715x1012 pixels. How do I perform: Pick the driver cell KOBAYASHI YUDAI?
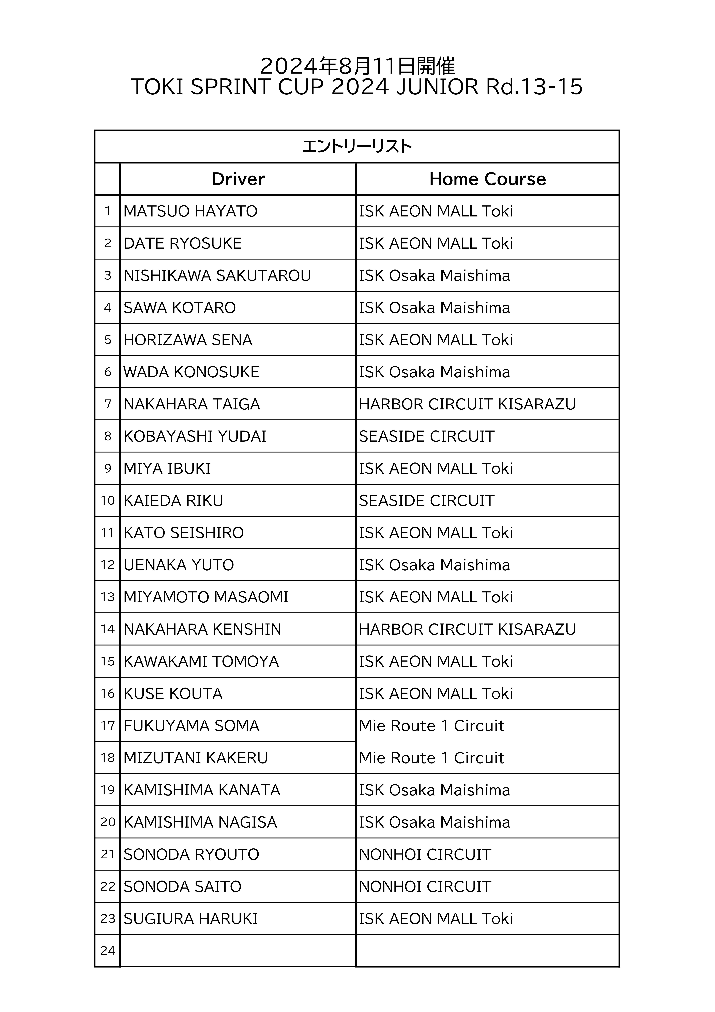tap(195, 436)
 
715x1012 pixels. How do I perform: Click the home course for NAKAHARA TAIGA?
tap(467, 404)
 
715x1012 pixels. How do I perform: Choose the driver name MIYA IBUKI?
tap(167, 469)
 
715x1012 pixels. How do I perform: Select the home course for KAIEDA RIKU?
tap(426, 501)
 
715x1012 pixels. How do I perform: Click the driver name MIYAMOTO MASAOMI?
tap(206, 597)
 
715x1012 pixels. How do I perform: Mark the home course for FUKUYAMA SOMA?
tap(431, 726)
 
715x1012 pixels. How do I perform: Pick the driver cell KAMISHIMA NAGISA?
tap(200, 822)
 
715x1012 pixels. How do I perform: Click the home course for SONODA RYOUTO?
tap(425, 855)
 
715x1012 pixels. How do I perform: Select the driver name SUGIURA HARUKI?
tap(191, 919)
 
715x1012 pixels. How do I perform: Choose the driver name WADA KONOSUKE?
tap(191, 372)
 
